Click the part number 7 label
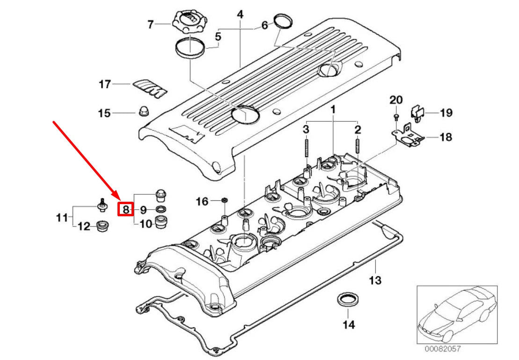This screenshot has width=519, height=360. [150, 24]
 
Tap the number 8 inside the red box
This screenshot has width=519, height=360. [125, 209]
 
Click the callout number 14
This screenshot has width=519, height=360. [349, 324]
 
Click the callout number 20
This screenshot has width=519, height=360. [396, 100]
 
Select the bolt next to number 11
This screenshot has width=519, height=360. [102, 204]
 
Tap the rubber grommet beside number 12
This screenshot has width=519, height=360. [102, 227]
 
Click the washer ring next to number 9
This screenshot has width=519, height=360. [161, 209]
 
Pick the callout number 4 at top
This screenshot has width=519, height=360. [240, 15]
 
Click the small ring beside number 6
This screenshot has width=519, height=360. [283, 21]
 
